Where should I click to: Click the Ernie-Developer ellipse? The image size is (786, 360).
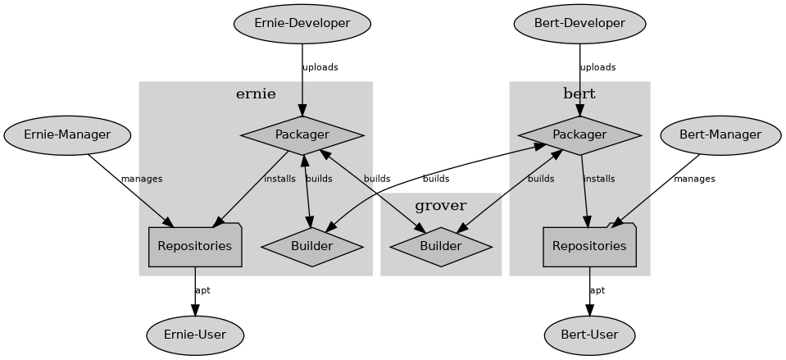(x=302, y=24)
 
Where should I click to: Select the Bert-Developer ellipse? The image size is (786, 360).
(x=579, y=24)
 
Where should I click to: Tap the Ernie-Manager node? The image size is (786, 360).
(x=67, y=135)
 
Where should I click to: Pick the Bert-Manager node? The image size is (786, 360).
(x=720, y=135)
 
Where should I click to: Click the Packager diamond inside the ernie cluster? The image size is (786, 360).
(x=302, y=135)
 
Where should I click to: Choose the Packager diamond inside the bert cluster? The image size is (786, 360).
(x=579, y=135)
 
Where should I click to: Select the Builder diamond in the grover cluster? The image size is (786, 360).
(x=441, y=247)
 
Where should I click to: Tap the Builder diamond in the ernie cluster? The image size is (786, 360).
(x=311, y=247)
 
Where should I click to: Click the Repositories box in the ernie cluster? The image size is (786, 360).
(x=195, y=246)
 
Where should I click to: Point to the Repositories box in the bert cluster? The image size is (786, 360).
(x=589, y=246)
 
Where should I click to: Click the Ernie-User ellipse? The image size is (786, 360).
(x=195, y=335)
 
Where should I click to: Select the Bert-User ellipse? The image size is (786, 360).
(x=589, y=335)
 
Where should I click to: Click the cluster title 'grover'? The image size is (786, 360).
(x=441, y=206)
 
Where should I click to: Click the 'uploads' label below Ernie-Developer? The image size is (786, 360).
(x=320, y=67)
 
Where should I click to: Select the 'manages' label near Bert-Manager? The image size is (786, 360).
(x=694, y=179)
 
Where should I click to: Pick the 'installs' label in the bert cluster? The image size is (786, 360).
(x=598, y=179)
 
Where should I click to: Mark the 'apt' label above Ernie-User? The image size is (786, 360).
(x=202, y=290)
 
